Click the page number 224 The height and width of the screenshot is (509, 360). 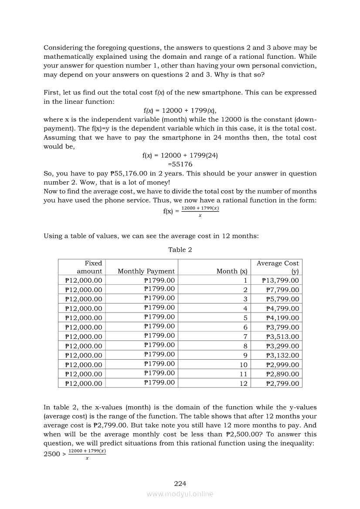tap(180, 483)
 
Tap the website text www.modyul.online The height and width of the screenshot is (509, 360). tap(180, 494)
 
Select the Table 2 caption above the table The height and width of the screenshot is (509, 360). tap(180, 249)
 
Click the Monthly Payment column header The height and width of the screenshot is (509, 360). tap(146, 271)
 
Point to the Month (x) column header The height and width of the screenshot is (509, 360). tap(232, 271)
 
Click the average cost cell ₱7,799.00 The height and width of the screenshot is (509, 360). tap(282, 290)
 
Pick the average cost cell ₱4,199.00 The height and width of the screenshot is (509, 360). tap(282, 318)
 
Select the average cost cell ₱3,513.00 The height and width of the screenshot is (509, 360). tap(282, 337)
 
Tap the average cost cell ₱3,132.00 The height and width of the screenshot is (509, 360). tap(282, 355)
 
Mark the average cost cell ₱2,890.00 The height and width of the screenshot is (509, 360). tap(282, 374)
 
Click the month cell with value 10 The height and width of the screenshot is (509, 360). tap(243, 365)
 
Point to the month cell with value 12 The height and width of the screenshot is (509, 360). tap(243, 384)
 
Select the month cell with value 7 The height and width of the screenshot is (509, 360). tap(245, 337)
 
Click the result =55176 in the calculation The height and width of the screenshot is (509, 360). tap(180, 164)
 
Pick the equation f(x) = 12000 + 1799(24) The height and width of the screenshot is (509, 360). tap(180, 155)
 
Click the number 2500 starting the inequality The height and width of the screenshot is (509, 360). tap(52, 455)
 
